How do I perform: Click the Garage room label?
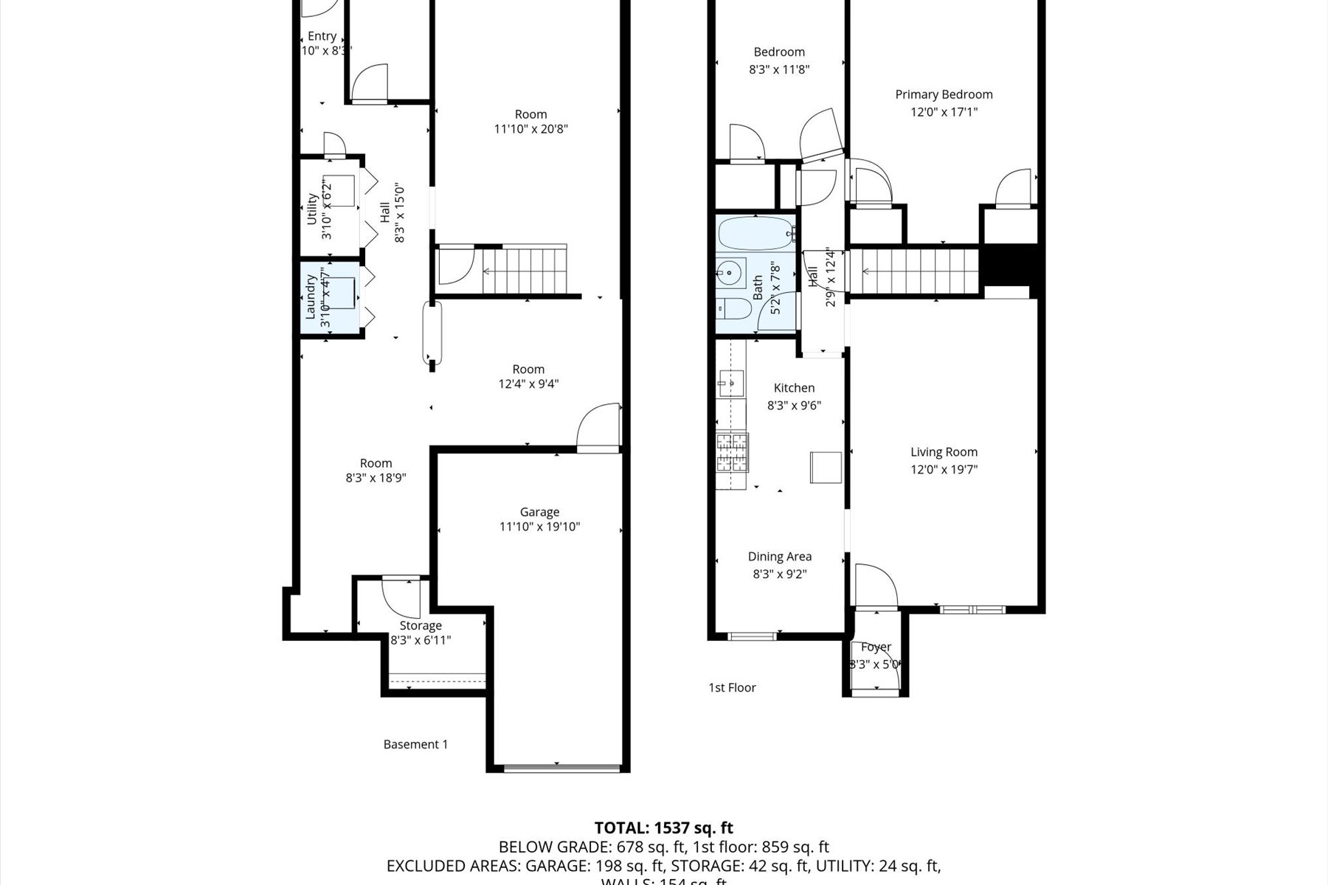(539, 512)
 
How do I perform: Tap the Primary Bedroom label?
(944, 94)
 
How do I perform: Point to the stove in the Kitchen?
(731, 453)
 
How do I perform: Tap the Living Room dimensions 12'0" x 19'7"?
(944, 469)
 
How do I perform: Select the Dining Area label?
(779, 557)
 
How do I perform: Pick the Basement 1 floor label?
(415, 744)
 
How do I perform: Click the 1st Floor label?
(732, 687)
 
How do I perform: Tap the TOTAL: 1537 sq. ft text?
(663, 828)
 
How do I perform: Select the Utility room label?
(311, 209)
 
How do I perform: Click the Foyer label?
(876, 647)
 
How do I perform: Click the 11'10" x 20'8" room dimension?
(530, 129)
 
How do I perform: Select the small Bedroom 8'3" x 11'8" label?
(779, 52)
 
